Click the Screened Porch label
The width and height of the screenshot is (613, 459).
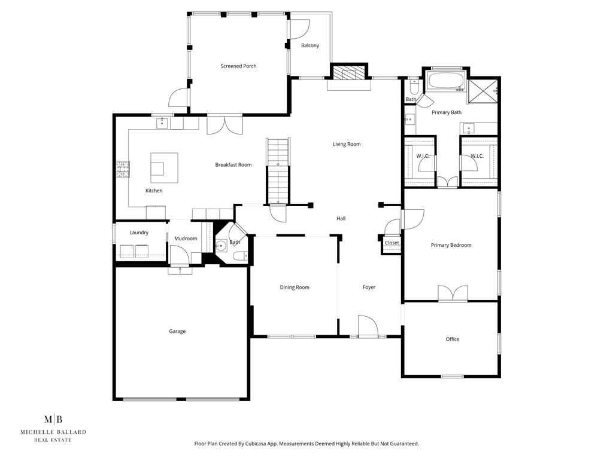click(x=238, y=66)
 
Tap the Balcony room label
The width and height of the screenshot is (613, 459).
click(x=309, y=46)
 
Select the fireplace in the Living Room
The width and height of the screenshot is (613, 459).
click(x=348, y=74)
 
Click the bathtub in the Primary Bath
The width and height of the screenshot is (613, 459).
click(x=445, y=81)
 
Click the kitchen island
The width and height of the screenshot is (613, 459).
click(x=164, y=167)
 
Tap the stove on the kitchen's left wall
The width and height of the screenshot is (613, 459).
click(x=123, y=169)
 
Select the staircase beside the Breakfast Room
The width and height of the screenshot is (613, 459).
click(x=277, y=170)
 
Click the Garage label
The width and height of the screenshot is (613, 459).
click(x=177, y=331)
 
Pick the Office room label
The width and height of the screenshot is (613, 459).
click(x=453, y=339)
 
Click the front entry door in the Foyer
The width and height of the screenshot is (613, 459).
click(x=368, y=328)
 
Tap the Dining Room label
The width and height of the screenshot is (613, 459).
click(x=295, y=287)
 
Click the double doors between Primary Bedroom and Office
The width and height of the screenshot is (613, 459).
click(x=452, y=294)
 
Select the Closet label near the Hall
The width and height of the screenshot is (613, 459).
click(x=392, y=243)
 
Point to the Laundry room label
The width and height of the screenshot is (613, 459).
click(x=139, y=232)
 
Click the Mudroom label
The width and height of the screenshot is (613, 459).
click(x=186, y=238)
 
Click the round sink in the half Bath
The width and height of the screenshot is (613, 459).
click(x=221, y=245)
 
